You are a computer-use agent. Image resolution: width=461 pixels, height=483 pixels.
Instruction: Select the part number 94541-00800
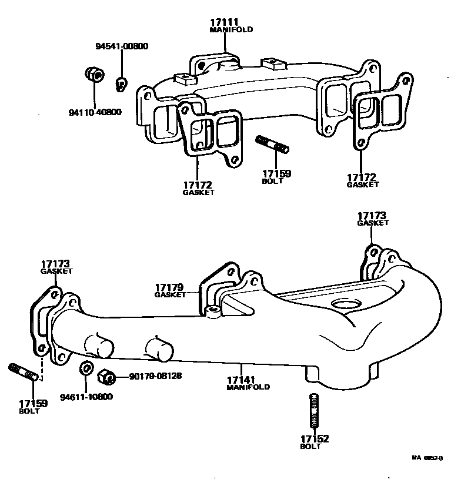coord(122,47)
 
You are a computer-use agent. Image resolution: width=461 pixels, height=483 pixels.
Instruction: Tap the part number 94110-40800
coord(94,112)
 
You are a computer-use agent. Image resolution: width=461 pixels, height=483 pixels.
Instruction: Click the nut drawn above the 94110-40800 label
coord(93,75)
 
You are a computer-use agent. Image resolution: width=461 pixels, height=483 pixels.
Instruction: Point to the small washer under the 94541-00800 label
coord(121,83)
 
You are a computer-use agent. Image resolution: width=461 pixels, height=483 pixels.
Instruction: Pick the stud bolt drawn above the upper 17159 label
coord(272,145)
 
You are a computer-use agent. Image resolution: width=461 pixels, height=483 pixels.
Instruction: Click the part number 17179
coord(169,287)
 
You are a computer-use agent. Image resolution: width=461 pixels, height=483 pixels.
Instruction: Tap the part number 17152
coord(315,439)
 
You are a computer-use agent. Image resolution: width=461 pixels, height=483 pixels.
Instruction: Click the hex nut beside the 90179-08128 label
coord(106,375)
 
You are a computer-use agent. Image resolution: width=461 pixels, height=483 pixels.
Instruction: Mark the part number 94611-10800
coord(86,397)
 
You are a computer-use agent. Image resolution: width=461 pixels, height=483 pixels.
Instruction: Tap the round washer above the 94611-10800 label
coord(85,369)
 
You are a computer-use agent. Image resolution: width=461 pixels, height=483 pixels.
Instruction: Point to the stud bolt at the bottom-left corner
coord(24,373)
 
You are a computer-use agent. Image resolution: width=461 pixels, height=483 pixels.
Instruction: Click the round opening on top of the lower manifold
coord(345,304)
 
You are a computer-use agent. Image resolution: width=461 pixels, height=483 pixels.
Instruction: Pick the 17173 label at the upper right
coord(373,216)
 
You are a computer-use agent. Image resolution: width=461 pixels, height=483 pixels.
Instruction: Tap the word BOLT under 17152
coord(311,447)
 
